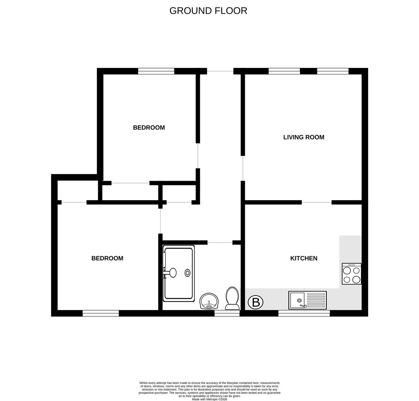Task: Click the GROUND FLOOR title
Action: [x=208, y=11]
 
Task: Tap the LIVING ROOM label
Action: [x=304, y=137]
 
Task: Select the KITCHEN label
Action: [x=304, y=258]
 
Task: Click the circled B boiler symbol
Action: [x=256, y=303]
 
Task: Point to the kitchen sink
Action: [x=307, y=300]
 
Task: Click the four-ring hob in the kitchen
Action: [x=352, y=274]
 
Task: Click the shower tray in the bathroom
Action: [x=178, y=273]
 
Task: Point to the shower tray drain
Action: [x=188, y=273]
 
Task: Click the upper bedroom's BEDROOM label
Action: [x=149, y=128]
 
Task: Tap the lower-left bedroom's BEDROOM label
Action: [x=107, y=258]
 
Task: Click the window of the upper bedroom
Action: [x=156, y=71]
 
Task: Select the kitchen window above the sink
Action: [x=304, y=313]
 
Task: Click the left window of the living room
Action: [x=284, y=71]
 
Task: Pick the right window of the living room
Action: [x=333, y=71]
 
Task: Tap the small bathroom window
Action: [x=227, y=313]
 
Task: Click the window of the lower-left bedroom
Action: [x=101, y=313]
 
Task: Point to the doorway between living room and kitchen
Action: [x=317, y=202]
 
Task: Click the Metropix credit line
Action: [x=209, y=400]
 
